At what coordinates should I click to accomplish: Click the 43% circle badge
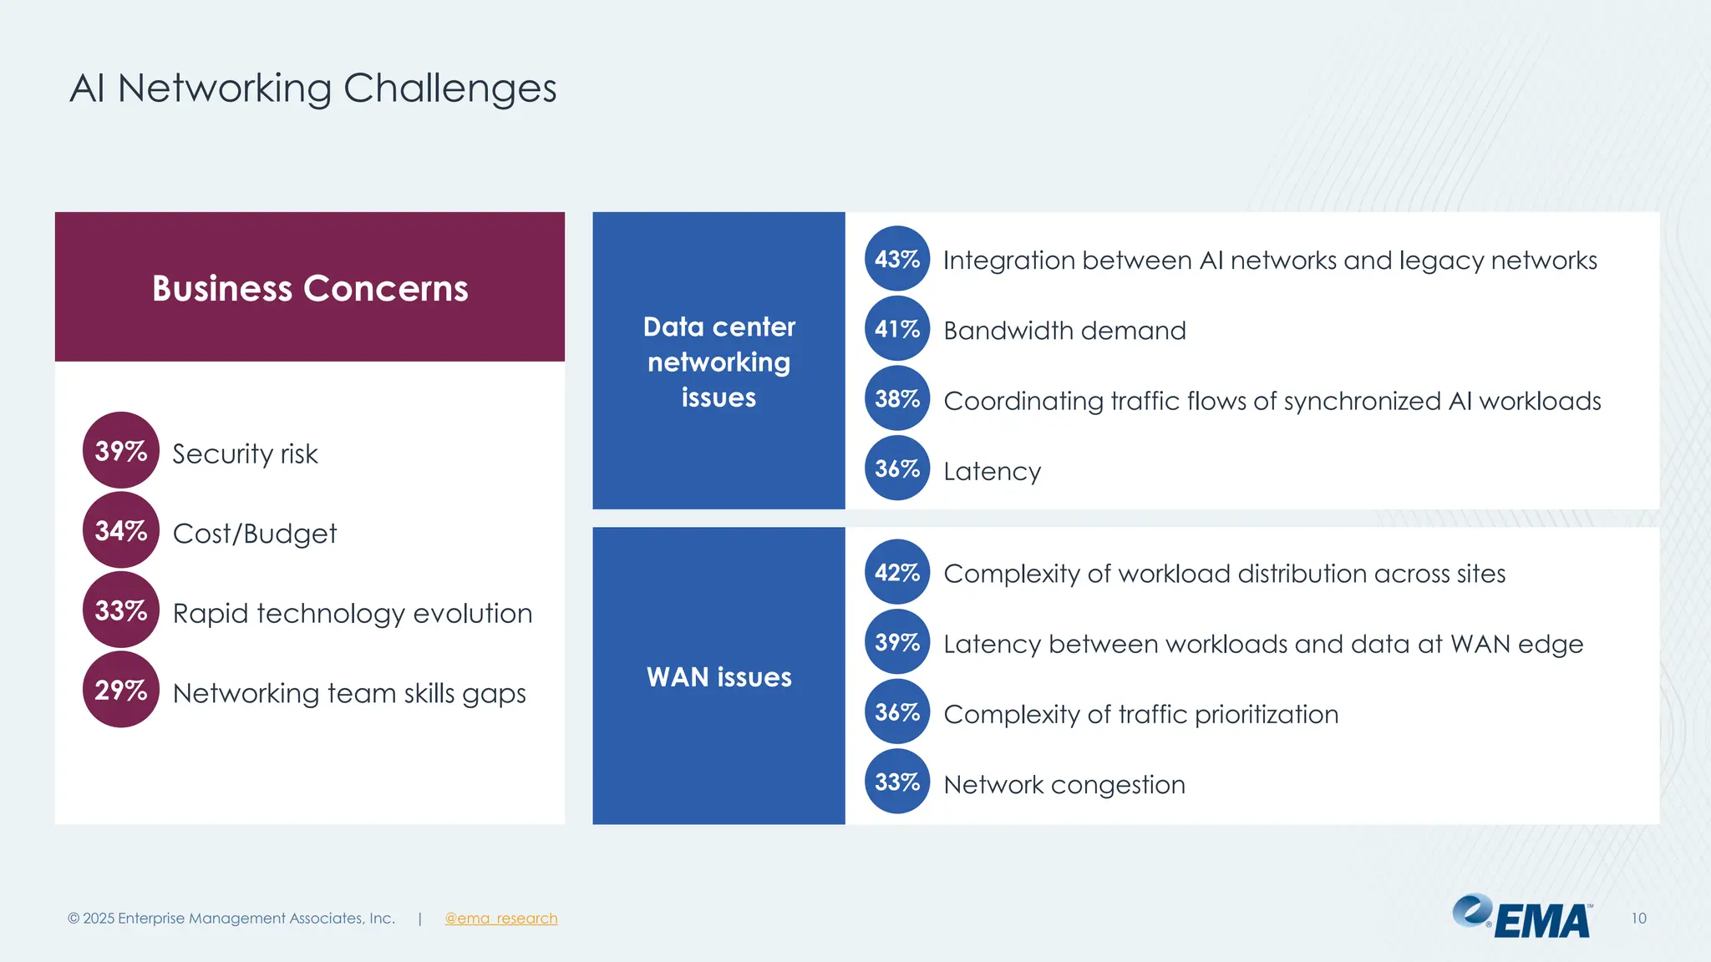click(x=896, y=259)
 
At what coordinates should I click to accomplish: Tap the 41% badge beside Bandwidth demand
click(x=896, y=329)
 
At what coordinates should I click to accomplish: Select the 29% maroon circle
click(x=121, y=690)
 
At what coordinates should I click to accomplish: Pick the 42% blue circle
click(x=896, y=572)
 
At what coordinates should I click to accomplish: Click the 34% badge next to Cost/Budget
click(x=121, y=530)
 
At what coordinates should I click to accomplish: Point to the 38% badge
click(x=896, y=399)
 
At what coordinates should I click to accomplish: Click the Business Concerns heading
click(x=310, y=288)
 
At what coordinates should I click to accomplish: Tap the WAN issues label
click(x=718, y=676)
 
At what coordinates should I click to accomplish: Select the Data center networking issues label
click(x=718, y=362)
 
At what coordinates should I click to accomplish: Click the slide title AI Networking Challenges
click(x=312, y=88)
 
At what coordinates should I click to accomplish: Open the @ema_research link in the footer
click(x=500, y=918)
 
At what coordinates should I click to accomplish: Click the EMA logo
click(x=1522, y=918)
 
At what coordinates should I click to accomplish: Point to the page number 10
click(x=1638, y=918)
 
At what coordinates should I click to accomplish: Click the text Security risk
click(x=245, y=453)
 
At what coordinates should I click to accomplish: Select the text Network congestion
click(x=1064, y=785)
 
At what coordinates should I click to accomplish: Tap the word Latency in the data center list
click(x=992, y=471)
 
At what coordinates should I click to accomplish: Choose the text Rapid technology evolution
click(x=352, y=613)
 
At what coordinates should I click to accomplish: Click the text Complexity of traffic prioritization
click(x=1140, y=715)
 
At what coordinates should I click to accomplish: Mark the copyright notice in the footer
click(x=231, y=918)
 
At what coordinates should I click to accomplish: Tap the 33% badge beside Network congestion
click(x=896, y=782)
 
